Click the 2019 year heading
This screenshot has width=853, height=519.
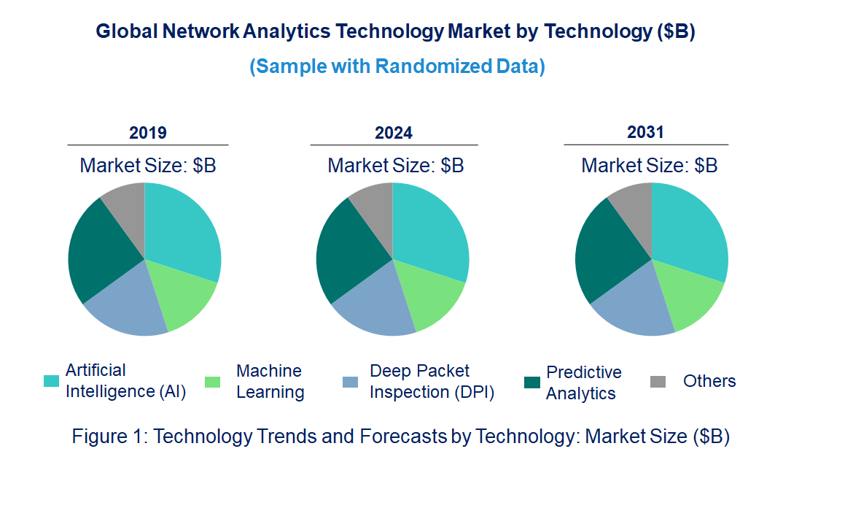[148, 133]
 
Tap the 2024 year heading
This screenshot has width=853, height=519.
[394, 133]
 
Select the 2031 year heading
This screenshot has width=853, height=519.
[646, 132]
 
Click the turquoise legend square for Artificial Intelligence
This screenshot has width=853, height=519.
[51, 381]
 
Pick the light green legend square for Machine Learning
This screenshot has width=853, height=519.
[213, 382]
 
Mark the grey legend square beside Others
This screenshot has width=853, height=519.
[658, 382]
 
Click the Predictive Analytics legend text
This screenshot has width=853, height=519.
[583, 382]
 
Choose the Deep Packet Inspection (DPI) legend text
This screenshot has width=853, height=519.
[432, 381]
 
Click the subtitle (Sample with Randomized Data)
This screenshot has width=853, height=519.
[397, 66]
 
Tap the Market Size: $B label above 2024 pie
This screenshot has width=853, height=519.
[395, 166]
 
